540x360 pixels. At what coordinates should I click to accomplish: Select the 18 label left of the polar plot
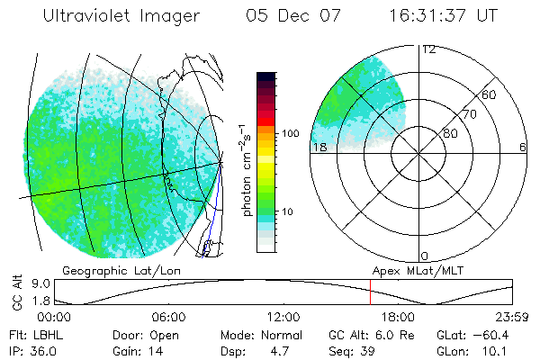318,148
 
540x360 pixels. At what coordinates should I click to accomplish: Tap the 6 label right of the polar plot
522,148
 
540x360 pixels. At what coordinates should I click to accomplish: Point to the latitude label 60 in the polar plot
489,95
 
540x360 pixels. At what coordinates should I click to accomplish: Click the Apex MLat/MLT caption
417,270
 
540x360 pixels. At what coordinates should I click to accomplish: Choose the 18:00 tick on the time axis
398,317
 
